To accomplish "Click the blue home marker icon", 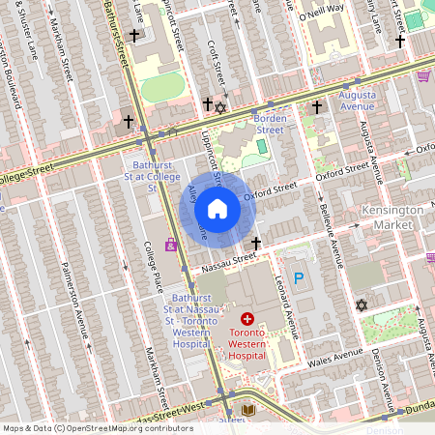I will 217,209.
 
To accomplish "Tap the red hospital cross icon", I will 247,318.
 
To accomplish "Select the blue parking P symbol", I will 299,278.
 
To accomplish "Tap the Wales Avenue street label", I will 334,356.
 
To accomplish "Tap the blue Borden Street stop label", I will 268,124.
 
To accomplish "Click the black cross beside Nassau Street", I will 256,243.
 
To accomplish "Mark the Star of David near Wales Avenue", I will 362,305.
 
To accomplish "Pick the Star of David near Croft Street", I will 220,106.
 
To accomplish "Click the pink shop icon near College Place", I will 171,244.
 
